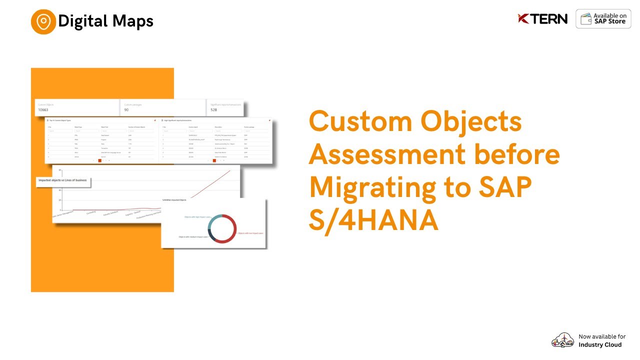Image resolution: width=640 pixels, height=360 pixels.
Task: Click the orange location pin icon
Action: click(43, 21)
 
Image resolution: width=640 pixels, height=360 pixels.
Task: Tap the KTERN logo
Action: click(542, 19)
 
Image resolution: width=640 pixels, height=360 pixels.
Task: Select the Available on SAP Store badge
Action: click(603, 19)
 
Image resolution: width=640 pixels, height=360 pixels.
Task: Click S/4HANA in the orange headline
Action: click(373, 220)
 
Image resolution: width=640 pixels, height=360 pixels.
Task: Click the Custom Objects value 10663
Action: click(43, 109)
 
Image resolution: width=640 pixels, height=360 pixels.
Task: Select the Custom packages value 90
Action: click(126, 109)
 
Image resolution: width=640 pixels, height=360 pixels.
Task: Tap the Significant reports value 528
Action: click(213, 109)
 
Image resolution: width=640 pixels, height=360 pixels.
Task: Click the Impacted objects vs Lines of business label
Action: click(62, 180)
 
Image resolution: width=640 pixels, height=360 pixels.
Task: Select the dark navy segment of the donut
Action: click(210, 235)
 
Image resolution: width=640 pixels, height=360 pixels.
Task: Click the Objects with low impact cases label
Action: click(250, 233)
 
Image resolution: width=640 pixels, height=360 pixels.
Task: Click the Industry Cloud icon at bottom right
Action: click(562, 340)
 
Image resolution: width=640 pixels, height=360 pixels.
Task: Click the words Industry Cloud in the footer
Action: click(600, 344)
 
